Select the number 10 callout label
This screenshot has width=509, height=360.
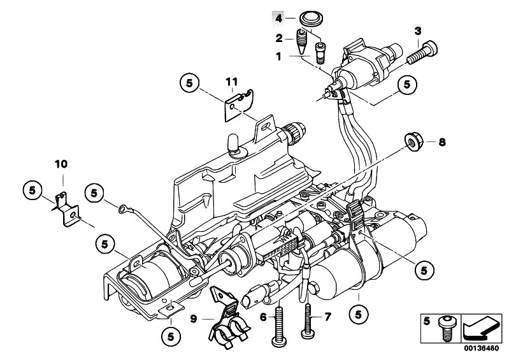[x=60, y=164]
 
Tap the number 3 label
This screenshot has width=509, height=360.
[x=417, y=31]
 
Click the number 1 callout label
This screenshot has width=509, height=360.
[x=278, y=57]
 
